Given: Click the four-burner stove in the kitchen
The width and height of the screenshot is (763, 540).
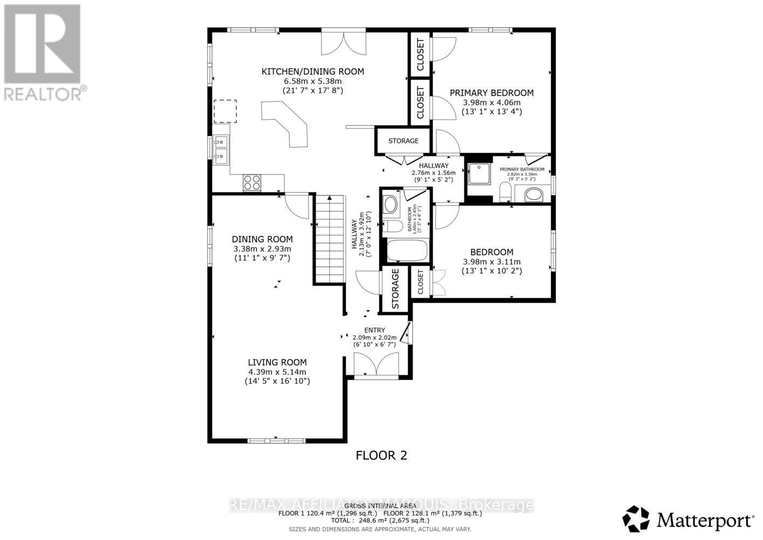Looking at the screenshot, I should [x=251, y=183].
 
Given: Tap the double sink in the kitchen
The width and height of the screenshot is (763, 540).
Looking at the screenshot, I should [x=220, y=151].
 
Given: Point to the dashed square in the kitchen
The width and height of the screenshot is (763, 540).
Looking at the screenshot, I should [x=225, y=111].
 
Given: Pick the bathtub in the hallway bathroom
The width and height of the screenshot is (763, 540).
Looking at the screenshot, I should [x=407, y=251].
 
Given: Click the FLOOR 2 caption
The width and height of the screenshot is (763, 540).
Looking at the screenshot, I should [x=381, y=455].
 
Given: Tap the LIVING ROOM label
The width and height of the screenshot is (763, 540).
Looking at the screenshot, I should [x=277, y=362].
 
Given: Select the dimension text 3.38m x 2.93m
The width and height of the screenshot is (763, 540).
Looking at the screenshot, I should [x=262, y=249].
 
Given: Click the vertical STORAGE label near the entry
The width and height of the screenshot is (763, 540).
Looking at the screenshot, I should [x=395, y=289].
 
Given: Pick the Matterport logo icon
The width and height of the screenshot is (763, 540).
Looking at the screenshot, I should [x=637, y=519].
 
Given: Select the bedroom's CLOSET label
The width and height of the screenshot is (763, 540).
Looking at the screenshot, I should [x=421, y=282].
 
